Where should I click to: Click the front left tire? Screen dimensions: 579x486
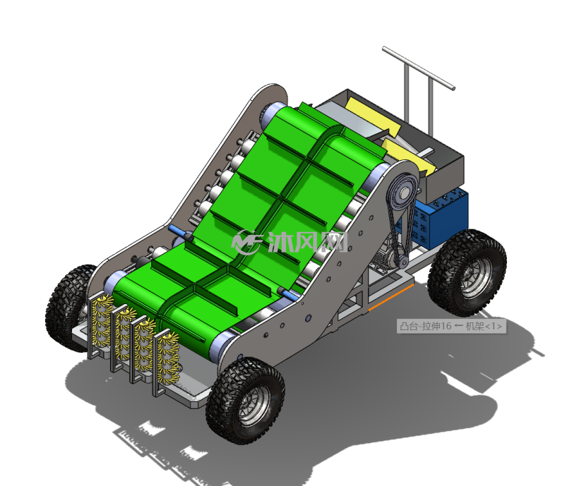tap(70, 307)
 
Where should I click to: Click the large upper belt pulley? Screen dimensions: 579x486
tap(404, 191)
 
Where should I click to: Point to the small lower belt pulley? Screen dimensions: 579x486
tap(402, 261)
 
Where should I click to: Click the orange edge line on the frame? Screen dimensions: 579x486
tap(391, 297)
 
